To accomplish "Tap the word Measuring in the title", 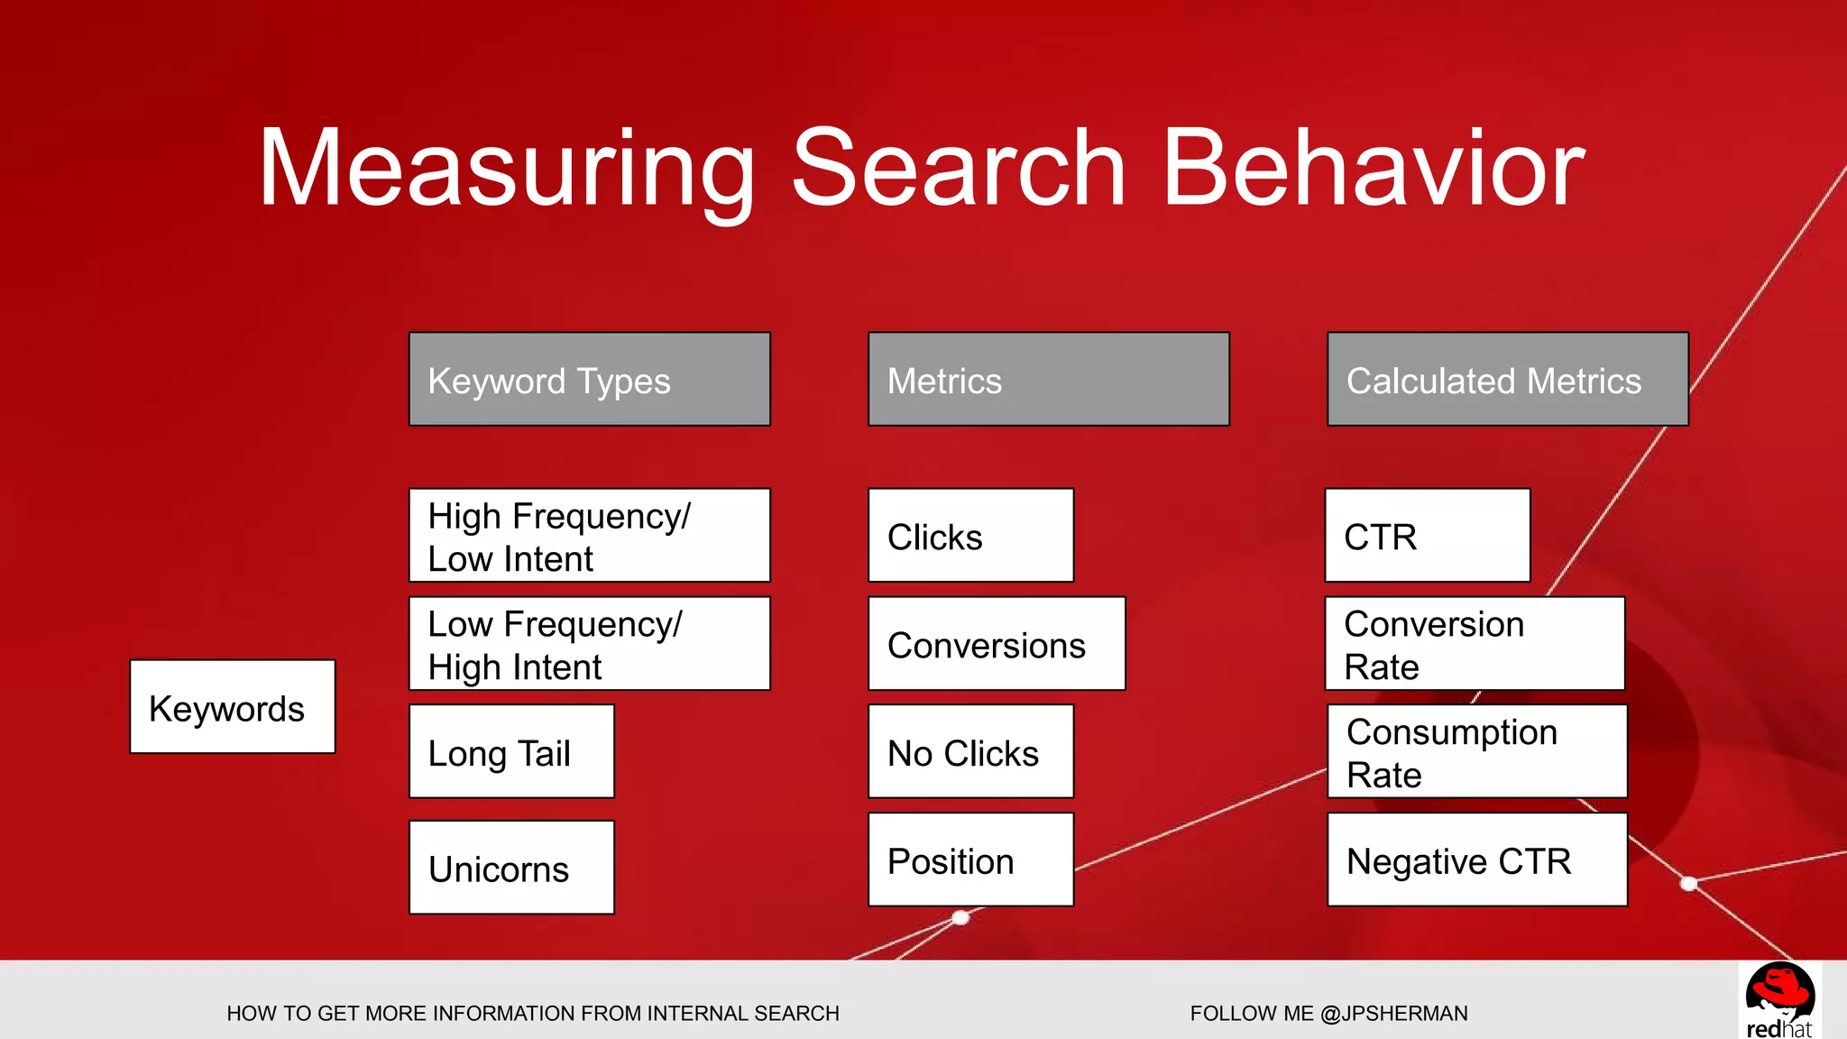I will pyautogui.click(x=506, y=169).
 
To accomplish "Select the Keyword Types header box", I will pyautogui.click(x=589, y=380).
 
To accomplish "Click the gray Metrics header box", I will pyautogui.click(x=1048, y=380).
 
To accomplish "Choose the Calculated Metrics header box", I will pyautogui.click(x=1507, y=380).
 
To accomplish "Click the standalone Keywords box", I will pyautogui.click(x=232, y=707).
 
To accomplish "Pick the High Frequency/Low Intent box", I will pyautogui.click(x=589, y=536).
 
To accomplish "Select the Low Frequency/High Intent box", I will pyautogui.click(x=589, y=644).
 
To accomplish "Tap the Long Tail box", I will pyautogui.click(x=511, y=752).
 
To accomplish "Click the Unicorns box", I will pyautogui.click(x=511, y=868).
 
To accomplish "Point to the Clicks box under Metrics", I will pyautogui.click(x=970, y=536).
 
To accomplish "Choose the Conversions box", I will pyautogui.click(x=996, y=644).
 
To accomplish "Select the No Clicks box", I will pyautogui.click(x=970, y=752).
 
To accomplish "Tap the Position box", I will pyautogui.click(x=970, y=860).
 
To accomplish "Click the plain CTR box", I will pyautogui.click(x=1427, y=536).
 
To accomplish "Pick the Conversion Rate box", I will pyautogui.click(x=1475, y=644).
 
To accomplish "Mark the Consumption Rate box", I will pyautogui.click(x=1476, y=752).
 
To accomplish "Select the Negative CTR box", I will pyautogui.click(x=1476, y=860).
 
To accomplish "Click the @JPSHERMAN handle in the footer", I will pyautogui.click(x=1393, y=1014).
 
